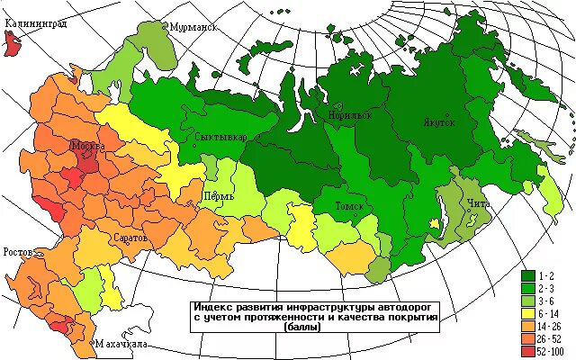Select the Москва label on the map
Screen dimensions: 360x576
pyautogui.click(x=88, y=146)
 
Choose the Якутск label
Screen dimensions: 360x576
pyautogui.click(x=439, y=121)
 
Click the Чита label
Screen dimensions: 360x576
pyautogui.click(x=478, y=203)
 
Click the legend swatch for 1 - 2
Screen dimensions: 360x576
pyautogui.click(x=528, y=273)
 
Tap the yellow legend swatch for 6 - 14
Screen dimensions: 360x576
pyautogui.click(x=528, y=310)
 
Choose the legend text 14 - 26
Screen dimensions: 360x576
pyautogui.click(x=552, y=323)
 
